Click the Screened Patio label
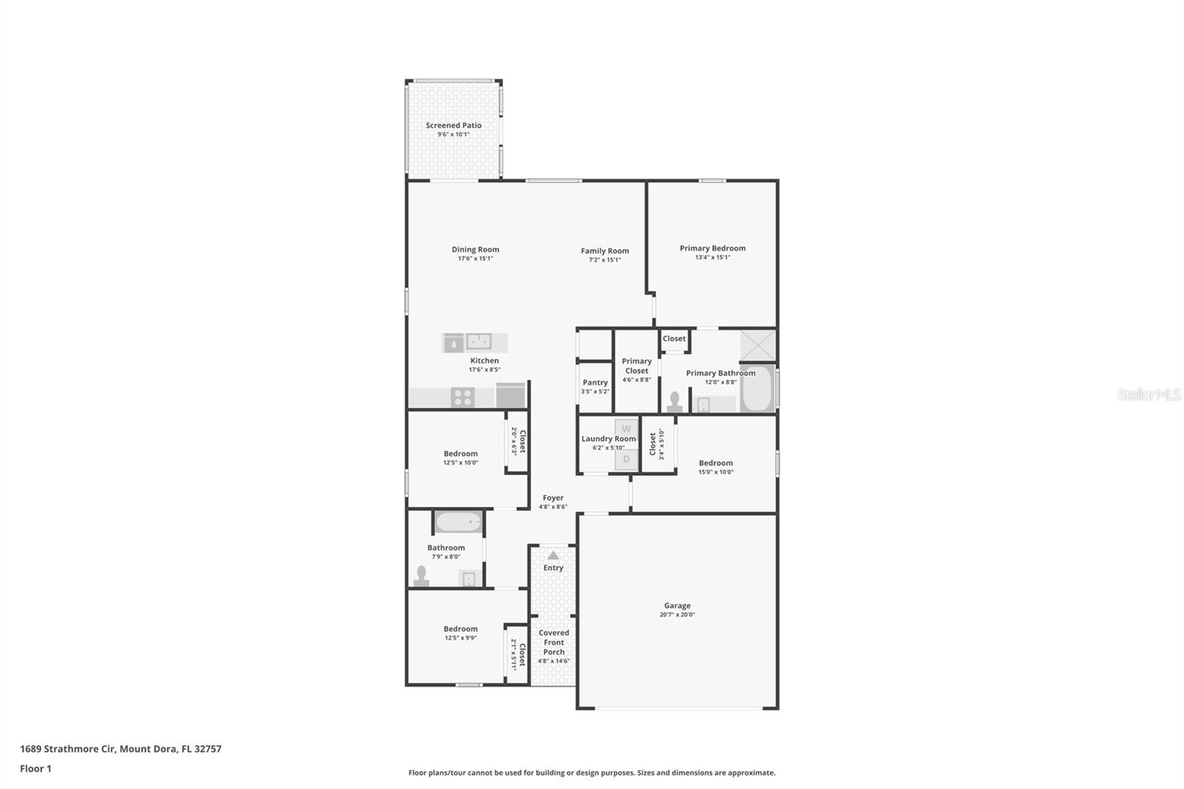coord(453,125)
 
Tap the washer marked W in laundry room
coord(626,429)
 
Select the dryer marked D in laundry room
coord(626,460)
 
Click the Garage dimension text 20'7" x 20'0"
coord(677,615)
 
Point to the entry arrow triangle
coord(553,555)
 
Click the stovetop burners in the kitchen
coord(462,397)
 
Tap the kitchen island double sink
coord(479,341)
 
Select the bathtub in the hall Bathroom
coord(458,523)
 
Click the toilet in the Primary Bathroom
coord(674,401)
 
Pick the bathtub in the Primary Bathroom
coord(756,389)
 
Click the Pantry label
coord(595,383)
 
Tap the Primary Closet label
coord(636,366)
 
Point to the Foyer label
coord(553,498)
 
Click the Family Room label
coord(605,251)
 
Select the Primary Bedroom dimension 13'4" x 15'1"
coord(712,258)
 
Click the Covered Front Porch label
coord(554,642)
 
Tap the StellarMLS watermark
coord(1148,394)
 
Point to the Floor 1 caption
coord(36,768)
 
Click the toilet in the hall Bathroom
coord(422,575)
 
